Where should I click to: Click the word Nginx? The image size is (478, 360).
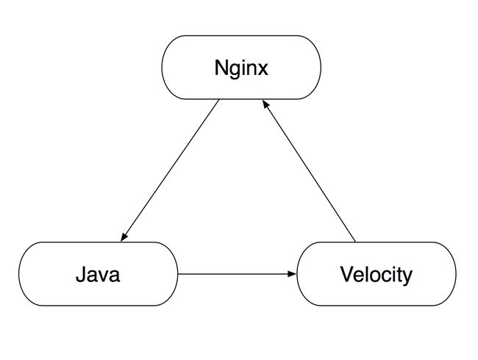(x=241, y=68)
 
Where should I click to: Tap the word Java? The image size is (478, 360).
(x=98, y=274)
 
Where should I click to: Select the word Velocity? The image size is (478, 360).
(x=377, y=275)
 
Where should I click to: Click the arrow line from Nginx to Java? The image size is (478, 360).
(x=170, y=170)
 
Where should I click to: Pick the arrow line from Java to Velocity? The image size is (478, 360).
(x=237, y=274)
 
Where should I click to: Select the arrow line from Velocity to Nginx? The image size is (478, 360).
(x=309, y=171)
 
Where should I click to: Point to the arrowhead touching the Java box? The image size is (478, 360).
(x=124, y=237)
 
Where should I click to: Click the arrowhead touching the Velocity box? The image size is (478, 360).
(x=292, y=274)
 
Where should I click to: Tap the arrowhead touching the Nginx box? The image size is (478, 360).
(x=265, y=105)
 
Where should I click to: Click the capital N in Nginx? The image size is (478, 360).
(x=221, y=68)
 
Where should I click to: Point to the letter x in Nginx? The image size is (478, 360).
(x=263, y=70)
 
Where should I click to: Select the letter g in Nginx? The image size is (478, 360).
(x=234, y=71)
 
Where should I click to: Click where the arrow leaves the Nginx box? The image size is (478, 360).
(x=219, y=100)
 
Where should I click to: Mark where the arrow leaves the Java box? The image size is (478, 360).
(x=178, y=274)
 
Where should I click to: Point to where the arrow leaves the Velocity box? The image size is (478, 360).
(x=355, y=242)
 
